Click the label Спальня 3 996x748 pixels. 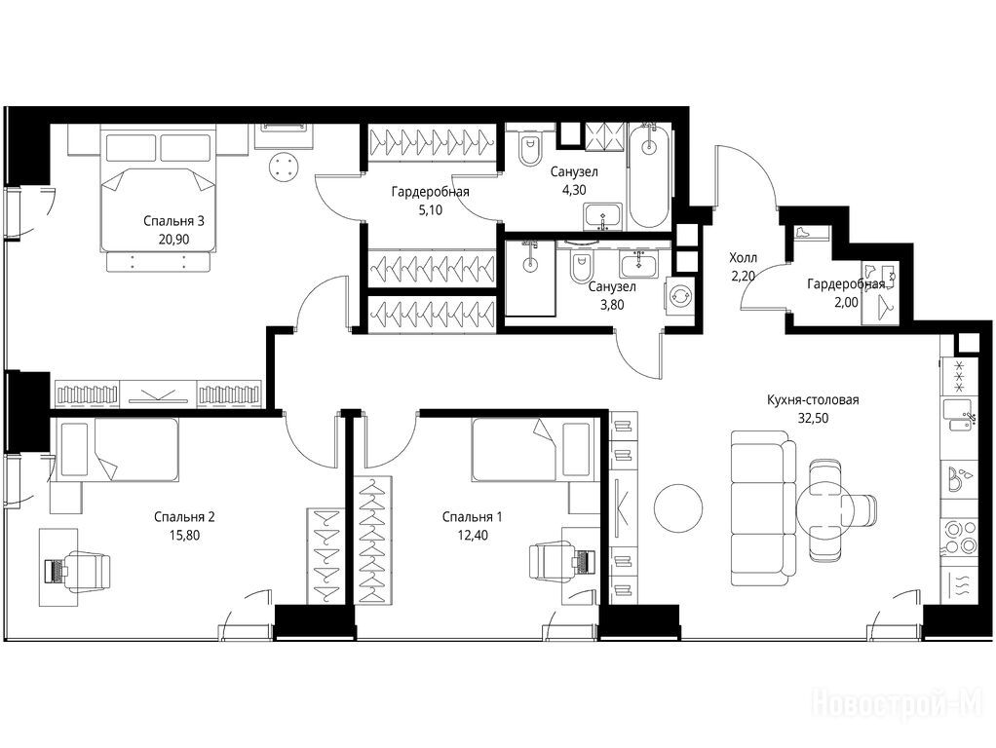pos(173,221)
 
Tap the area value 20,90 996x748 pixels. pos(174,239)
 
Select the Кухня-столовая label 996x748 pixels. pos(813,400)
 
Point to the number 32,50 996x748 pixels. pos(813,418)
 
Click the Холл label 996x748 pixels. pos(744,258)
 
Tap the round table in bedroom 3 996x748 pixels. pos(284,168)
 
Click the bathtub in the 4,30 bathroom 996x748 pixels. pos(648,175)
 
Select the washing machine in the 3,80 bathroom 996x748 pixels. pos(681,296)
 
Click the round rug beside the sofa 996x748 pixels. pos(678,508)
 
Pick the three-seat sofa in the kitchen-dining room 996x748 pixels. pos(763,508)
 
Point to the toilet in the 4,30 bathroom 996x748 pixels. pos(528,149)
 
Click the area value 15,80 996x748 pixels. pos(184,535)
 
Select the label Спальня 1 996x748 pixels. pos(473,517)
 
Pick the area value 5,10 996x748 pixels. pos(430,209)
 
